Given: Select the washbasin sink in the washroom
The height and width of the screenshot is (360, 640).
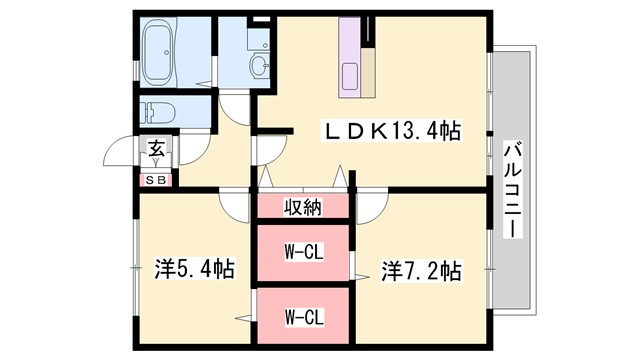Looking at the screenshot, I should pyautogui.click(x=259, y=66).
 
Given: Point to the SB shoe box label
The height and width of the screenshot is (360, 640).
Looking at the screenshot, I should pyautogui.click(x=157, y=180).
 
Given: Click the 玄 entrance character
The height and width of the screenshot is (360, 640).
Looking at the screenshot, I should pyautogui.click(x=157, y=151).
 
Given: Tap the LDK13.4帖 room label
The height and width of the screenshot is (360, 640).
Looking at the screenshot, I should pyautogui.click(x=390, y=130).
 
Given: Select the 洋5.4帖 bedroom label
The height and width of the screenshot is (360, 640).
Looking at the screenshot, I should pyautogui.click(x=194, y=269).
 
